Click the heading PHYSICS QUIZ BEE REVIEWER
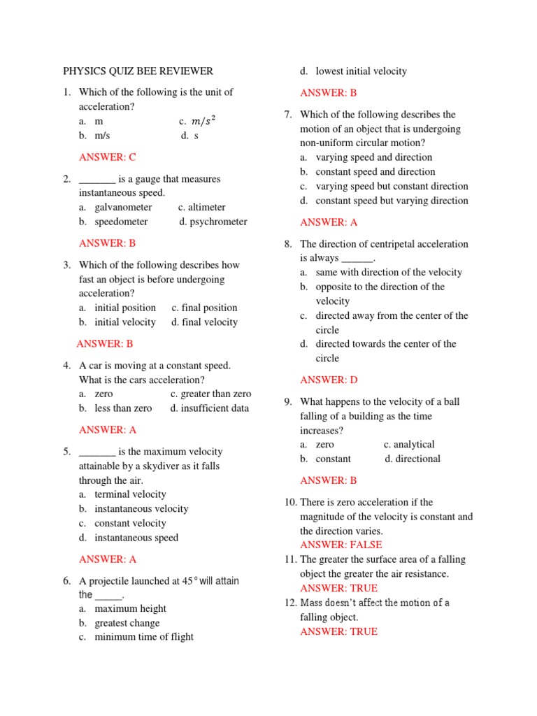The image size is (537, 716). (x=138, y=71)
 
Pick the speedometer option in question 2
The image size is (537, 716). (x=121, y=222)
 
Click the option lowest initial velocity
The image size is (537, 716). (x=361, y=71)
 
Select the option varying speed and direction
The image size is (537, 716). (x=373, y=157)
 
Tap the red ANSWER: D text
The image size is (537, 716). (x=329, y=380)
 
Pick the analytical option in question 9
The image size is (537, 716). (x=414, y=445)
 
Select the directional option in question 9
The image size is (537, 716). (x=417, y=459)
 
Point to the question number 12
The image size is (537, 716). (x=290, y=603)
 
